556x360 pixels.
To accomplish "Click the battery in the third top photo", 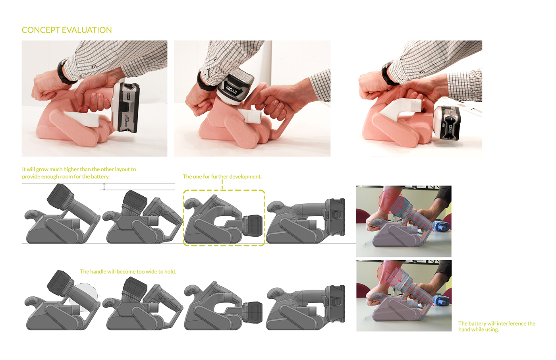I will [447, 123].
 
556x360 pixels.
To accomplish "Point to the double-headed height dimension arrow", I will [104, 186].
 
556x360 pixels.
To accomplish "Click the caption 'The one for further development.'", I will [222, 177].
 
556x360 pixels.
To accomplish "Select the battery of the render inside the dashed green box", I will [252, 225].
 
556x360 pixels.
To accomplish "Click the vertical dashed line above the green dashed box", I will [222, 184].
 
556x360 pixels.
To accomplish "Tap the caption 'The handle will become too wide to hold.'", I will [128, 272].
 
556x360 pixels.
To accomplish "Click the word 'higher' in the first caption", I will [71, 169].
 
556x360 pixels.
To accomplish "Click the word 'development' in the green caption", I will [245, 177].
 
